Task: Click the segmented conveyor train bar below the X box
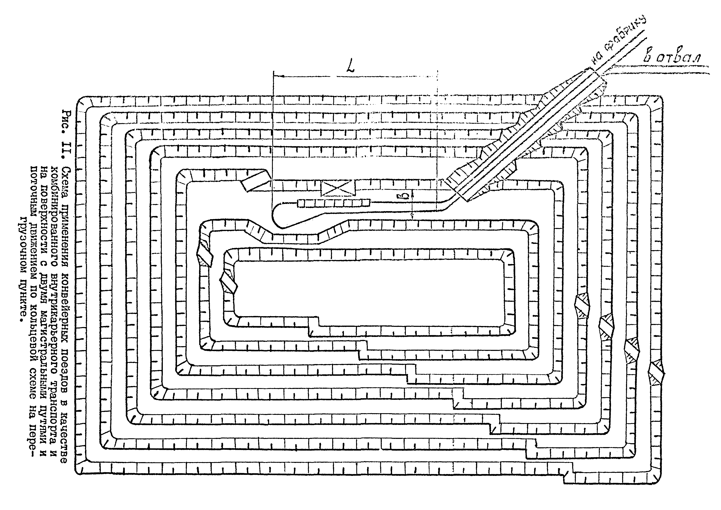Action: [333, 203]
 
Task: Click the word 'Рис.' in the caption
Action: [67, 121]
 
